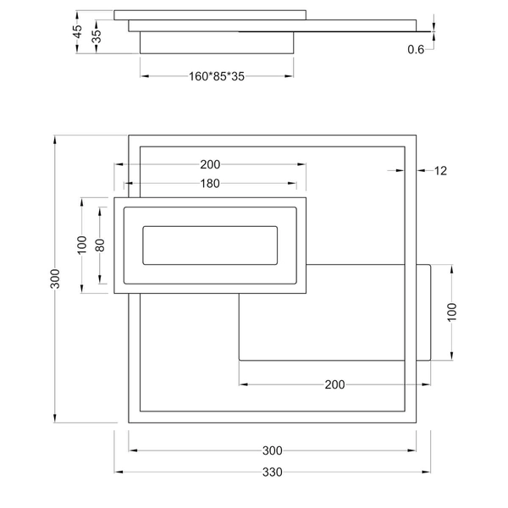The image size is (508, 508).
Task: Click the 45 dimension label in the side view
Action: pyautogui.click(x=78, y=32)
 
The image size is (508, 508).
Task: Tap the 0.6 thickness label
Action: pyautogui.click(x=416, y=50)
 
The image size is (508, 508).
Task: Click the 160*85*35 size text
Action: pyautogui.click(x=216, y=76)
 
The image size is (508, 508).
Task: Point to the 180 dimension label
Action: pyautogui.click(x=210, y=184)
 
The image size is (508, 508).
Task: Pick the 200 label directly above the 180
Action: pyautogui.click(x=211, y=164)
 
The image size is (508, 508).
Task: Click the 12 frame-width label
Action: pyautogui.click(x=440, y=171)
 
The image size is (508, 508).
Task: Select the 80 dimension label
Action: pyautogui.click(x=100, y=246)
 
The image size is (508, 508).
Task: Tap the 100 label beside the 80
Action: pyautogui.click(x=82, y=246)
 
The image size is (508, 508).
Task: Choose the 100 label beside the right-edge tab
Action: pyautogui.click(x=452, y=312)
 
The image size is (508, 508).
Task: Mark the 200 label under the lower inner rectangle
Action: pyautogui.click(x=334, y=385)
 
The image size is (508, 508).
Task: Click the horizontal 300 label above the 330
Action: pyautogui.click(x=272, y=450)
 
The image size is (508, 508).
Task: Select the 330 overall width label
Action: pyautogui.click(x=272, y=472)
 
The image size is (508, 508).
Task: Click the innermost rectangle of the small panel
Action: pyautogui.click(x=210, y=246)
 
